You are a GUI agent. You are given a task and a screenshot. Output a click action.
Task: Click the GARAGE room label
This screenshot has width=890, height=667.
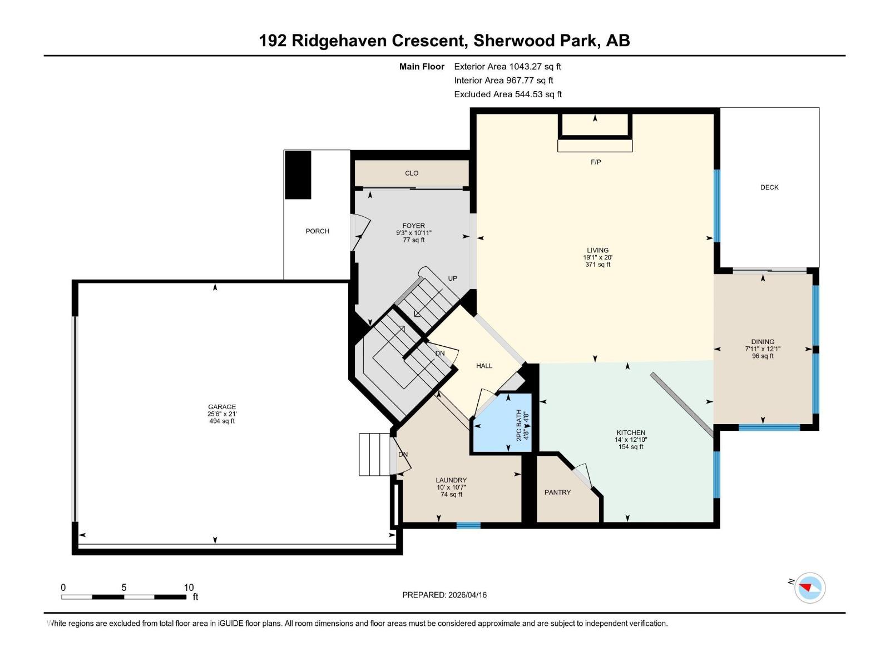tap(222, 407)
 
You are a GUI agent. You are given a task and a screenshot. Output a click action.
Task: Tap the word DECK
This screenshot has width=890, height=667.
tap(769, 187)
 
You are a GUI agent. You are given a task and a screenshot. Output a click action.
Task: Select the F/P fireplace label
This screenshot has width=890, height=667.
tap(595, 162)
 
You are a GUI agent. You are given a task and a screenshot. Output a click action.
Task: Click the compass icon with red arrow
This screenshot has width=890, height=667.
tap(809, 588)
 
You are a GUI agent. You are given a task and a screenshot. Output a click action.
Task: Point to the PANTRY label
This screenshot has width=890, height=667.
tap(557, 492)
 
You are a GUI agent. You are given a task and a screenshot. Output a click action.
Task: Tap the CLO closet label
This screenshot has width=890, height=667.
tap(412, 173)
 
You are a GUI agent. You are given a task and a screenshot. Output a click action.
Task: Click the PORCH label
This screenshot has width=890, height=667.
tap(317, 231)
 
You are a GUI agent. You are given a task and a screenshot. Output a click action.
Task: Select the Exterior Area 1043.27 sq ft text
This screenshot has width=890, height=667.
tap(507, 67)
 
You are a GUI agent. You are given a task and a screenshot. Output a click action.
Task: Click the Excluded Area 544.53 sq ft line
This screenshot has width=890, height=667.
tap(507, 94)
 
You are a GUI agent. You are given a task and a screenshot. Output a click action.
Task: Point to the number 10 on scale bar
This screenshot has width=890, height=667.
tap(189, 588)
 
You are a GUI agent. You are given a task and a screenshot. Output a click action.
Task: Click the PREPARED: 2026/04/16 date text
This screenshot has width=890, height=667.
tap(444, 595)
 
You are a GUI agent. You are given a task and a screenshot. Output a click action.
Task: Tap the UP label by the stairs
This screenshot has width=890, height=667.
tap(453, 278)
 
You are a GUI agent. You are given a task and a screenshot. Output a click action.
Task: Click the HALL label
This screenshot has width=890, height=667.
tap(484, 366)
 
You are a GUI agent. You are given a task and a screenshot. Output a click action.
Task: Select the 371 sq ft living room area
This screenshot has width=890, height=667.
tap(597, 265)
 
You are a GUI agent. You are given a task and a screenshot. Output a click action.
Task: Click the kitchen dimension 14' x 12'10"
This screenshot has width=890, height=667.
tap(631, 440)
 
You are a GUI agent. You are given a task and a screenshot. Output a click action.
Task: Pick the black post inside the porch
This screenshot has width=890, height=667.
tap(298, 175)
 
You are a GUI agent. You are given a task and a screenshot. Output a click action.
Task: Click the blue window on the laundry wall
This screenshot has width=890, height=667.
tap(468, 525)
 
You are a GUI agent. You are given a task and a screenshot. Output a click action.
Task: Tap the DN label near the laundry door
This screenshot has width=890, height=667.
tap(403, 455)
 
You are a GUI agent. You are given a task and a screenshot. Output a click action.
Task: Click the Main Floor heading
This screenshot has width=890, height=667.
tap(422, 67)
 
